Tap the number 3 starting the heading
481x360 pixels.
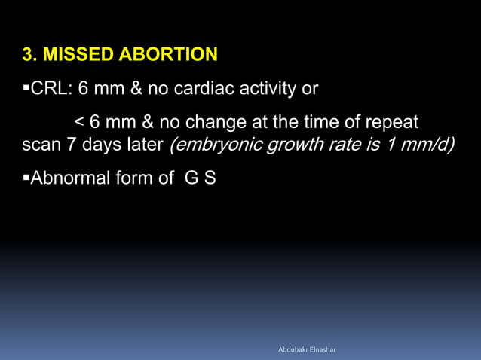pos(29,55)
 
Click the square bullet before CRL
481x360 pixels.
pos(26,90)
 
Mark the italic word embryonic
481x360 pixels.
pos(209,143)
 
